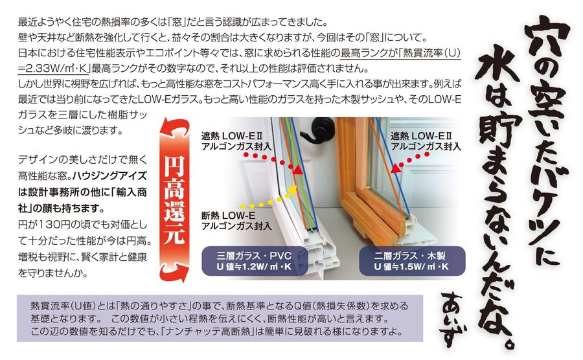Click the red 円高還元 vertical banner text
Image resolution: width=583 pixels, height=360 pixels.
click(x=174, y=200)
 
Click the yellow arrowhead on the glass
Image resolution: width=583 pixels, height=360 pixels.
click(x=291, y=190)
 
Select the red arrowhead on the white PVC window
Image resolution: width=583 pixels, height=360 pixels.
click(x=298, y=170)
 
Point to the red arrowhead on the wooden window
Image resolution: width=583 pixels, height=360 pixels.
click(x=396, y=168)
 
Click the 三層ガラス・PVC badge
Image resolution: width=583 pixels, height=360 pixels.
click(x=255, y=261)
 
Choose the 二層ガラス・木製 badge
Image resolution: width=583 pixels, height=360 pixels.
click(x=411, y=261)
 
